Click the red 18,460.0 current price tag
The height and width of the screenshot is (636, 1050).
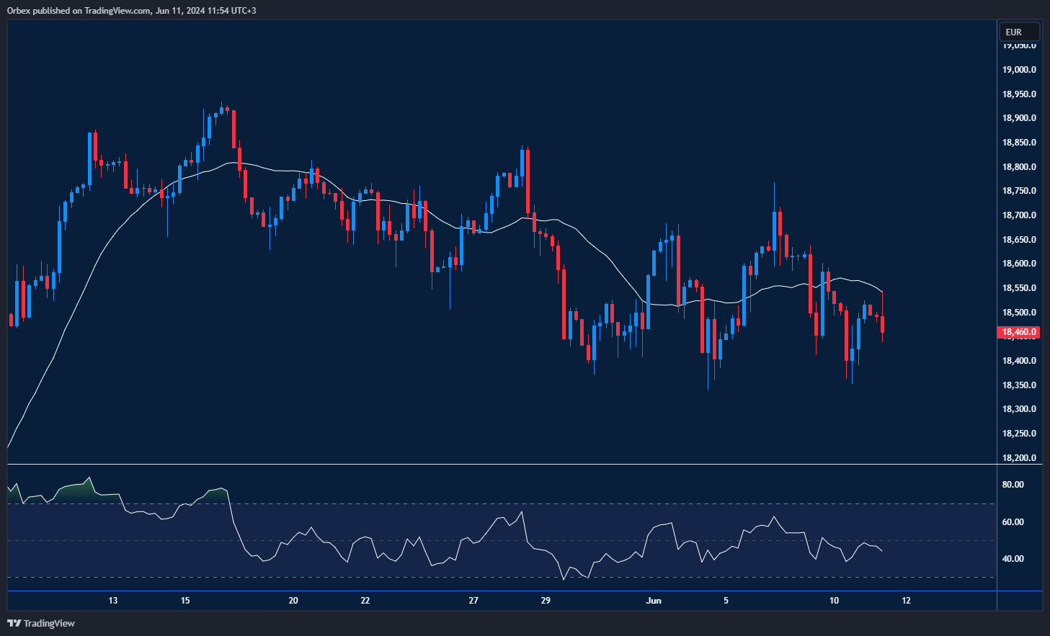(1019, 332)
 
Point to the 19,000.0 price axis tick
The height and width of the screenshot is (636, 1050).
(1019, 70)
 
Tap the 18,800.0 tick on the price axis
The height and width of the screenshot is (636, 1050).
(1019, 167)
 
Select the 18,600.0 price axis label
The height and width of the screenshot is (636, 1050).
(1019, 264)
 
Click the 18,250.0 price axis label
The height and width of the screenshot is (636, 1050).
(1019, 434)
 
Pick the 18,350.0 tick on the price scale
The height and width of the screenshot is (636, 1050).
(1019, 385)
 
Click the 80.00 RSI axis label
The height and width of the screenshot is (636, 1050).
(1013, 485)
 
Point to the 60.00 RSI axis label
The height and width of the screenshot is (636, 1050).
(1013, 522)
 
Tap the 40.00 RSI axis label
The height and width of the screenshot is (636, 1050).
(1013, 559)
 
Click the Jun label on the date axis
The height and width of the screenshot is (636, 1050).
(654, 601)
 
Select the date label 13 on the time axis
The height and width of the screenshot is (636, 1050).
(113, 601)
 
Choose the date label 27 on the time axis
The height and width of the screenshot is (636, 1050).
(473, 601)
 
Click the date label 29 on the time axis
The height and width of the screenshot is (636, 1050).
(546, 601)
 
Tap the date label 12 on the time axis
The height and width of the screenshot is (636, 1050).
(906, 601)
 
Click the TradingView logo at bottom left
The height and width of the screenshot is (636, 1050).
(41, 623)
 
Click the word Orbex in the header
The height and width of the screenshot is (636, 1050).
(19, 11)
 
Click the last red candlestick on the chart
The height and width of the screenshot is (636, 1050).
(883, 323)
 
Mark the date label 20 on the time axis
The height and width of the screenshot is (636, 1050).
(293, 601)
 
